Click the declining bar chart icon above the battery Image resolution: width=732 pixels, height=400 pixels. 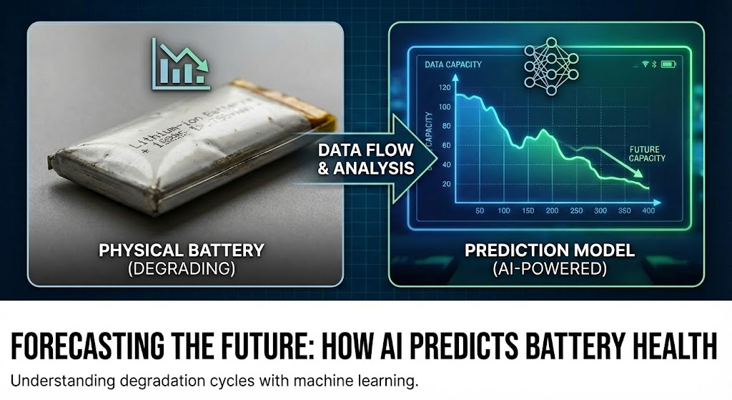pyautogui.click(x=179, y=64)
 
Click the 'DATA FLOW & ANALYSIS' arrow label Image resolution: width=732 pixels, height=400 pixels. pyautogui.click(x=365, y=159)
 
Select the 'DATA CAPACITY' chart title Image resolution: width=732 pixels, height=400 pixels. pyautogui.click(x=452, y=65)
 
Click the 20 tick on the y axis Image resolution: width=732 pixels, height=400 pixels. pyautogui.click(x=447, y=184)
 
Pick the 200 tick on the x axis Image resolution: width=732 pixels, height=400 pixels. pyautogui.click(x=551, y=210)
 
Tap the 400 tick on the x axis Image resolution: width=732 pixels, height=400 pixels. pyautogui.click(x=649, y=210)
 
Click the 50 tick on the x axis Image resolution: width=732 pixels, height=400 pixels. pyautogui.click(x=480, y=210)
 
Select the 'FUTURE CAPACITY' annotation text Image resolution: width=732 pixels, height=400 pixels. pyautogui.click(x=647, y=154)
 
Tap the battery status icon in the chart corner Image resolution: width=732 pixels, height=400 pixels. pyautogui.click(x=668, y=64)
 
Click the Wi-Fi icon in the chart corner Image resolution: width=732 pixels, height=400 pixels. pyautogui.click(x=645, y=64)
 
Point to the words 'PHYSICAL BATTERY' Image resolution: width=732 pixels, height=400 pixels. pyautogui.click(x=182, y=250)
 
